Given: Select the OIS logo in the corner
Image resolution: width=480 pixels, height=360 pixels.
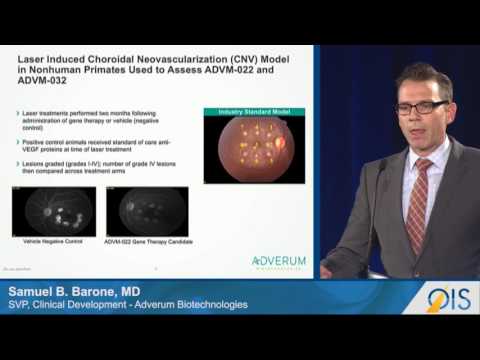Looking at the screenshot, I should pyautogui.click(x=448, y=298).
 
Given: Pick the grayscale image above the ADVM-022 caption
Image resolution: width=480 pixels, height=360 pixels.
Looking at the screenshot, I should pyautogui.click(x=151, y=209).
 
